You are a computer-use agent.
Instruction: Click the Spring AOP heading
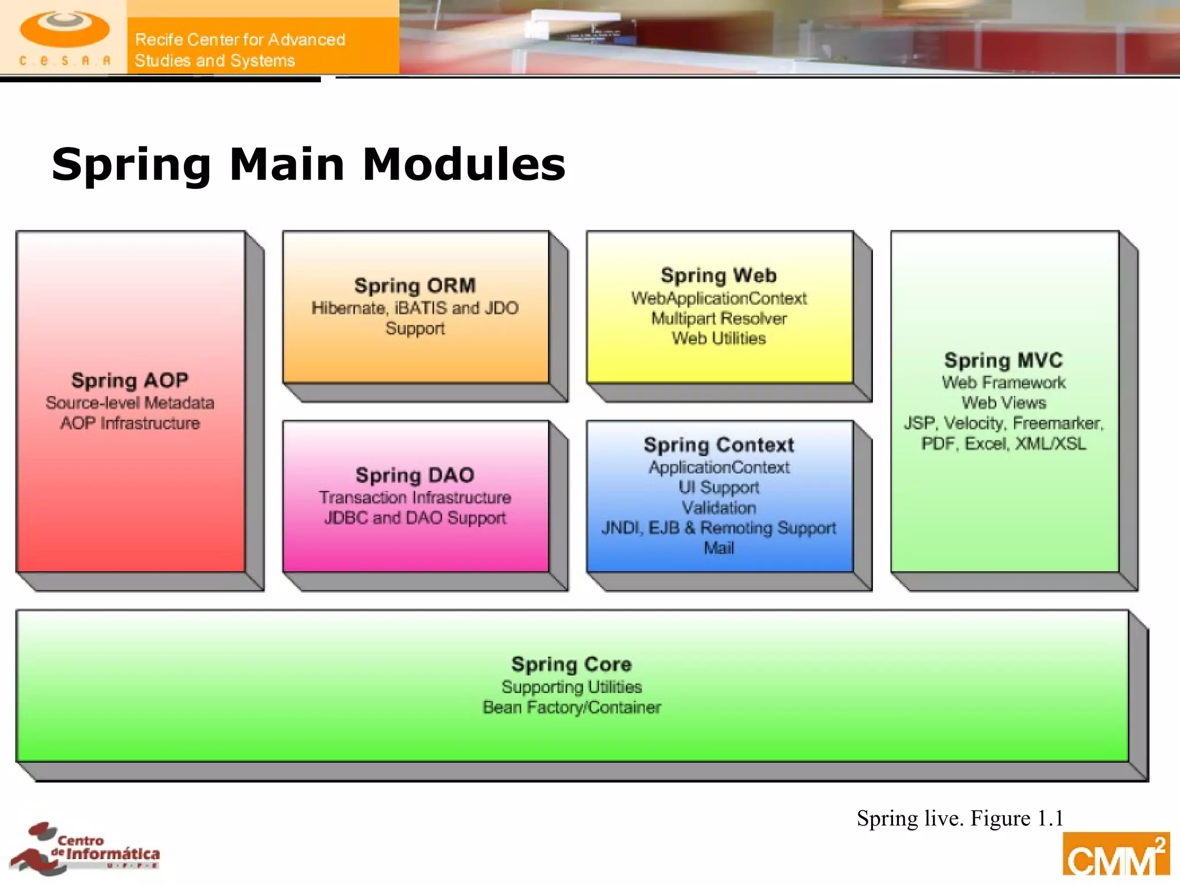130,381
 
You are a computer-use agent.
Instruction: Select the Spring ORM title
415,286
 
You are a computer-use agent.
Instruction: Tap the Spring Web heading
718,276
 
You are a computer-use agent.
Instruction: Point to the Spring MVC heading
1003,361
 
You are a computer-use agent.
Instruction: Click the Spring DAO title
415,475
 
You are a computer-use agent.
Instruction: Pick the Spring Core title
572,664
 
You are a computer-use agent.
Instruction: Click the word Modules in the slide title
464,165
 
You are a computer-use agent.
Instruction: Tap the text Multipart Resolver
718,319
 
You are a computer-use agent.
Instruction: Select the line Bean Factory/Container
572,708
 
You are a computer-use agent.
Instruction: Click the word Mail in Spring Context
718,548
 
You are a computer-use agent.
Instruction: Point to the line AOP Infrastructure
130,423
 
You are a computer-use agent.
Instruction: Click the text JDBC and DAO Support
415,518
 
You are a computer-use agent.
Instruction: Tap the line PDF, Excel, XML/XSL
1003,444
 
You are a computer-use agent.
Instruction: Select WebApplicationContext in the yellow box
718,298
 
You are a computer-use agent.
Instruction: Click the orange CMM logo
1115,856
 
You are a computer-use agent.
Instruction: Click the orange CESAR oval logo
65,30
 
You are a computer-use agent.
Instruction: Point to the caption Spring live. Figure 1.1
959,819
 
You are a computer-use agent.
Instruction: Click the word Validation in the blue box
718,508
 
